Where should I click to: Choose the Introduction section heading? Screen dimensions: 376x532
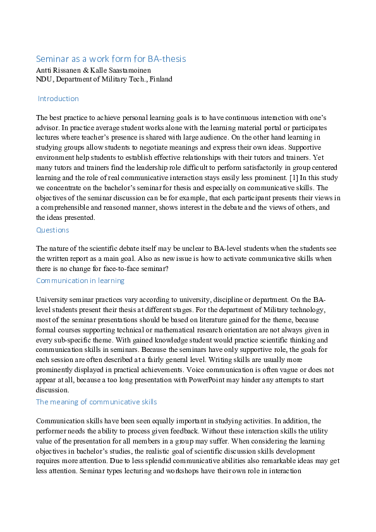[x=58, y=99]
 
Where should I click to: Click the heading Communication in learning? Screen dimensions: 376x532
[x=80, y=280]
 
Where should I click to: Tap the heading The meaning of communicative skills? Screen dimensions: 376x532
[x=97, y=401]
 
